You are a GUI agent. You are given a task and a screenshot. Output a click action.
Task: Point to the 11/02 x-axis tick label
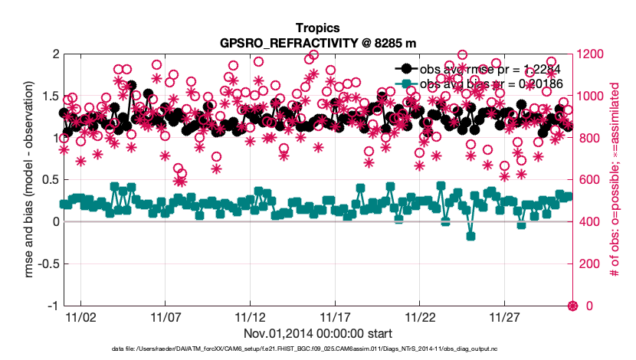(x=80, y=316)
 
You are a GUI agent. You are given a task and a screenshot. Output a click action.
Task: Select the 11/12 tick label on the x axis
(x=250, y=316)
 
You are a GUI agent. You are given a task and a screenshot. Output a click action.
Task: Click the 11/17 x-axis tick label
(x=335, y=316)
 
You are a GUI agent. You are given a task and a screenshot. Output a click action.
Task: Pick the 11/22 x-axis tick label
(x=420, y=316)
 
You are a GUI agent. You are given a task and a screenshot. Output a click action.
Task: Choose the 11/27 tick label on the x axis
(x=504, y=316)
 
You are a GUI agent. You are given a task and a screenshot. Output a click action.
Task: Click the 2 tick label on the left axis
(x=54, y=54)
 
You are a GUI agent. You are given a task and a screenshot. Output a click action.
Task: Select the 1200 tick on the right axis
(x=591, y=54)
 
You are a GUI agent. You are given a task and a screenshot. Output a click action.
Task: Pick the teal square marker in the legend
(x=406, y=82)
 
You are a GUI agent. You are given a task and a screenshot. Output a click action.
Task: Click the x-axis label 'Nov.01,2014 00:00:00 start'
(x=318, y=333)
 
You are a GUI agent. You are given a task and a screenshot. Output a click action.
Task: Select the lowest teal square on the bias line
(x=471, y=236)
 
